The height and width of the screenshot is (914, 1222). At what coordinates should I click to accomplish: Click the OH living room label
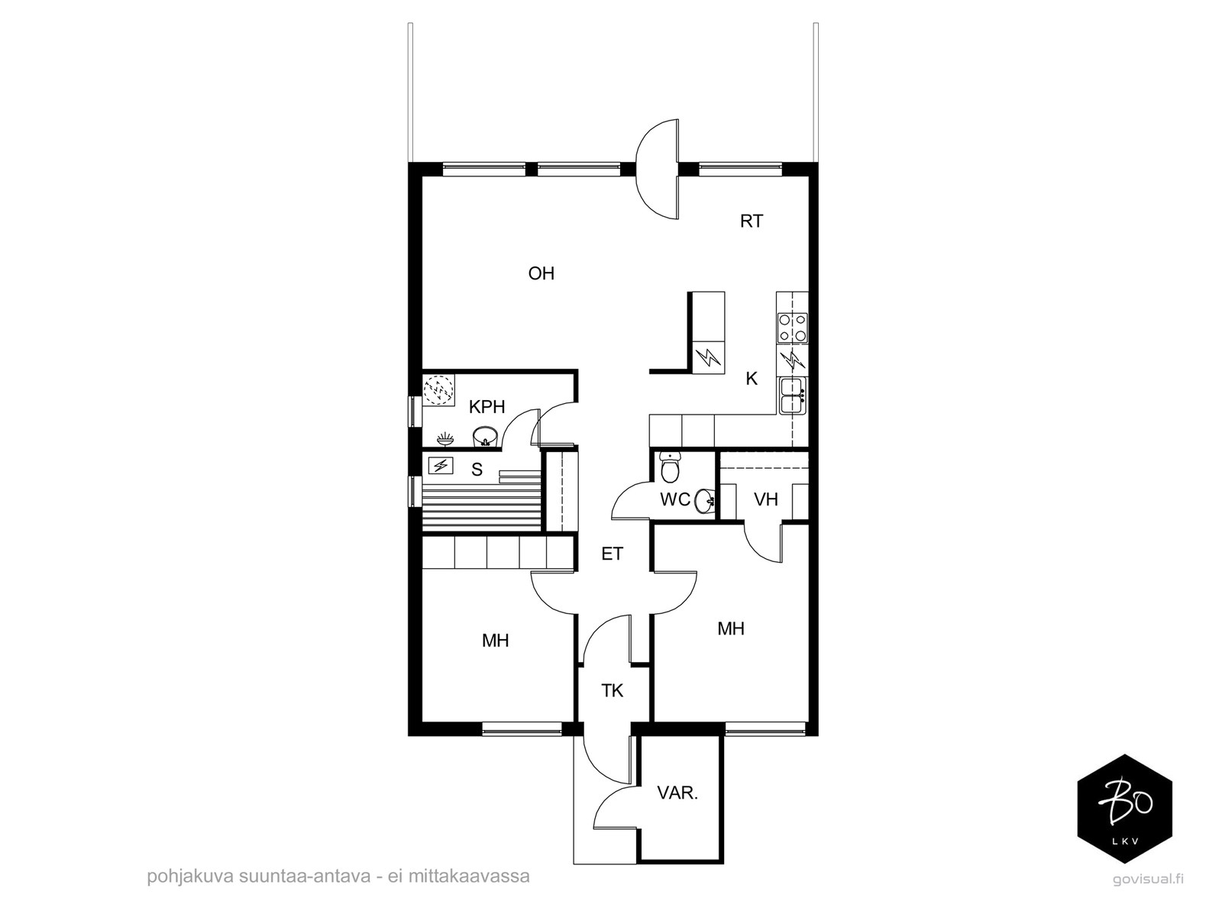click(541, 273)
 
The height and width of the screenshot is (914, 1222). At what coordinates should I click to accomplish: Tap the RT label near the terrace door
click(751, 221)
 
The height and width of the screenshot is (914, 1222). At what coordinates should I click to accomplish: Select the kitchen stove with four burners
click(792, 328)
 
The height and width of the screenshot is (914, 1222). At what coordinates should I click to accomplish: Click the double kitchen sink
click(792, 396)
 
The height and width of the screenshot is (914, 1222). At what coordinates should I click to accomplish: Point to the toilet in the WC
click(669, 467)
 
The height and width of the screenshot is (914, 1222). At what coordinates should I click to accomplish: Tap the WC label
click(674, 500)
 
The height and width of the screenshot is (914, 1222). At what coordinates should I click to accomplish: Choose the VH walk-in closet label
click(765, 499)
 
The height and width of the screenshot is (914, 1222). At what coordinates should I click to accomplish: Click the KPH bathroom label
click(487, 407)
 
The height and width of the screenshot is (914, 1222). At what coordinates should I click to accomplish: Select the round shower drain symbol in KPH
click(438, 390)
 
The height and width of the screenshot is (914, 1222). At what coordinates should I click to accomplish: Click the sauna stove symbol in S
click(441, 465)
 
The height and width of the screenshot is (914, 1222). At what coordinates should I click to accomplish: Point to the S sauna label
click(477, 470)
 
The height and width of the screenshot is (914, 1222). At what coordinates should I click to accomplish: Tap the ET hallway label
click(612, 554)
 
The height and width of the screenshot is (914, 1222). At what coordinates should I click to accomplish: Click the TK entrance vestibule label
click(612, 691)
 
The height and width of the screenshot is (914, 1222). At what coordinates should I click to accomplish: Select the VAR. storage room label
click(677, 793)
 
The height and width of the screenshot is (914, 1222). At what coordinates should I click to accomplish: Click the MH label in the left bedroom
click(495, 641)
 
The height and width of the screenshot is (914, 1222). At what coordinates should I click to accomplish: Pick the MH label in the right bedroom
click(730, 628)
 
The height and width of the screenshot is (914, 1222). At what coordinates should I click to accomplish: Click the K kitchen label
click(751, 379)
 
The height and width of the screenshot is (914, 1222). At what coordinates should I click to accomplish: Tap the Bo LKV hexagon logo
click(1124, 809)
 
